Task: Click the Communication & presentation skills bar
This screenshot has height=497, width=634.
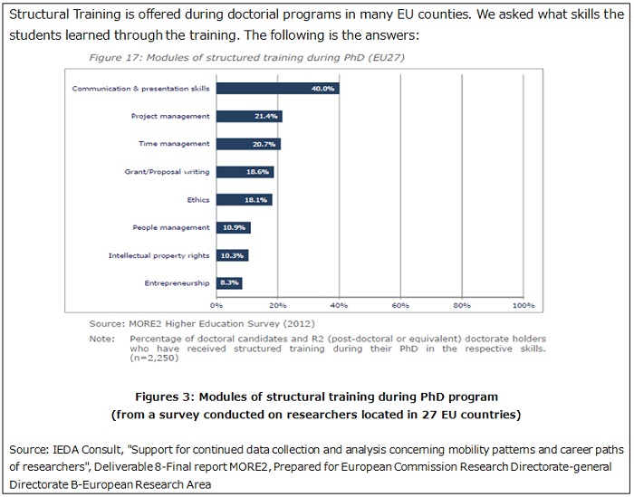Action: pyautogui.click(x=277, y=89)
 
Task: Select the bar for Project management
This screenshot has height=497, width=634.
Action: pyautogui.click(x=249, y=117)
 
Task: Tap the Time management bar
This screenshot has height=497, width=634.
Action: pyautogui.click(x=248, y=144)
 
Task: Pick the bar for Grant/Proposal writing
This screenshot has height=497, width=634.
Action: pyautogui.click(x=245, y=172)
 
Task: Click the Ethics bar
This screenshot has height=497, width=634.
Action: pyautogui.click(x=244, y=199)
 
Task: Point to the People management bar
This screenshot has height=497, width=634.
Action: pyautogui.click(x=233, y=227)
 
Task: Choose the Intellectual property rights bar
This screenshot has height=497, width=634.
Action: pyautogui.click(x=232, y=255)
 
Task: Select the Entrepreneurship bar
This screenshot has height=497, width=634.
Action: pyautogui.click(x=229, y=283)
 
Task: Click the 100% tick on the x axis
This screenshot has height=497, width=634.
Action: pyautogui.click(x=523, y=305)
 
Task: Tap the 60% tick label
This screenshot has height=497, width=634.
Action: pyautogui.click(x=400, y=305)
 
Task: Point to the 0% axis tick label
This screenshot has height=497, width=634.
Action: pyautogui.click(x=216, y=305)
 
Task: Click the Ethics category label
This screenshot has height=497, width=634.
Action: pyautogui.click(x=197, y=199)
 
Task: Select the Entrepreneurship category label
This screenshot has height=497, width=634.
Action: pyautogui.click(x=177, y=283)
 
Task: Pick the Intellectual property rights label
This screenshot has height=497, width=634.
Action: pyautogui.click(x=158, y=255)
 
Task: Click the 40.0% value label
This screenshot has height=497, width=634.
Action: pyautogui.click(x=323, y=89)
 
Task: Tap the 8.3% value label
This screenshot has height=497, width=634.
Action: pyautogui.click(x=231, y=283)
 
